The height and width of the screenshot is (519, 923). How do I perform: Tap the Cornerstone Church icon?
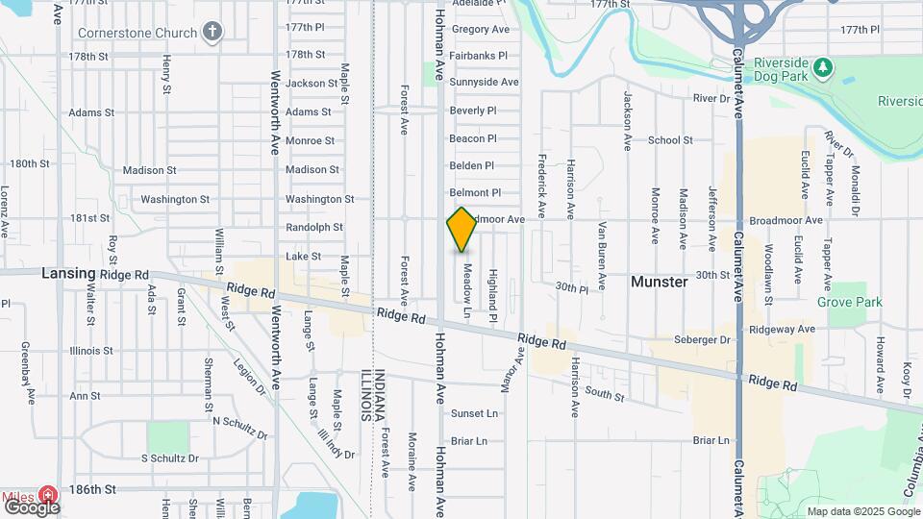212,33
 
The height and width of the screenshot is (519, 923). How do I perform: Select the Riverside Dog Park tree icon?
821,66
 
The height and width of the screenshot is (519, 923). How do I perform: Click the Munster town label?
659,282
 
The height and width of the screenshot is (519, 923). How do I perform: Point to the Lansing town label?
68,273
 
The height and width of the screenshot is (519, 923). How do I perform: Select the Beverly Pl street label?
472,111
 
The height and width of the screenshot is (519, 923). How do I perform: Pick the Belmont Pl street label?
475,193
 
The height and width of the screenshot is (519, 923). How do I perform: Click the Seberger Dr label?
705,339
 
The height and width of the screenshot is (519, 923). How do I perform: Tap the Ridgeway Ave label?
782,329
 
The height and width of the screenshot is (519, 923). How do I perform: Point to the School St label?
670,140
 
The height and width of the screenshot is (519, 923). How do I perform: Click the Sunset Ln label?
475,413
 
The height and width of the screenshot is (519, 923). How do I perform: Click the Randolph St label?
314,228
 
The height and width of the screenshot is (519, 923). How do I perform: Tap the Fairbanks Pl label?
478,56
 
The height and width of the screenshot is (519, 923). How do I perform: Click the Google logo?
32,507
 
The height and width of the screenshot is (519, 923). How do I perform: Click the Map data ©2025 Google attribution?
862,511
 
